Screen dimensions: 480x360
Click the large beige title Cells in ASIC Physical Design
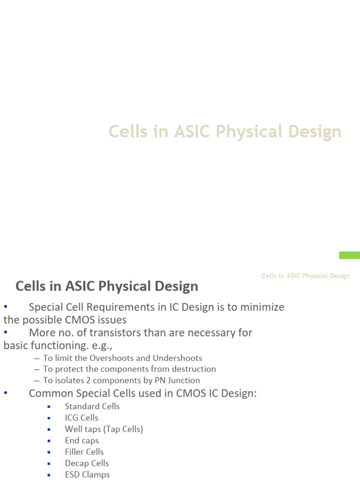coord(225,132)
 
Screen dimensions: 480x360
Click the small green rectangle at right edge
coord(349,255)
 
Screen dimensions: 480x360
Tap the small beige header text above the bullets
coord(306,276)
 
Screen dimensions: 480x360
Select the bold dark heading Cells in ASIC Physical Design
coord(107,286)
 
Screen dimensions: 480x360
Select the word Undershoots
coord(179,358)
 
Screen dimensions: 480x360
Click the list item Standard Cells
coord(92,406)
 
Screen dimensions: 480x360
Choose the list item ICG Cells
coord(82,418)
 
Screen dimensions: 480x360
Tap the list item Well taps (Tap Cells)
coord(104,429)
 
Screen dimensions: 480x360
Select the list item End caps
coord(82,441)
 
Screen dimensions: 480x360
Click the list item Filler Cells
coord(84,452)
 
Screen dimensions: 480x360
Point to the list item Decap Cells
coord(87,463)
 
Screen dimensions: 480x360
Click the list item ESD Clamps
coord(87,474)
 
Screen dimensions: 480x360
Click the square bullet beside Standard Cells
coord(49,407)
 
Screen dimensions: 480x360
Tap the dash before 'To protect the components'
coord(37,369)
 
